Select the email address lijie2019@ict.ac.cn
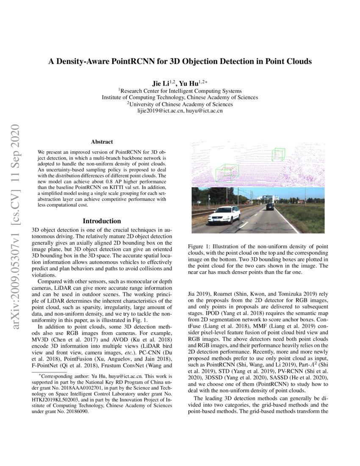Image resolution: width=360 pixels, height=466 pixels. [161, 111]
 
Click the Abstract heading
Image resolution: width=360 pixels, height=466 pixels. [102, 143]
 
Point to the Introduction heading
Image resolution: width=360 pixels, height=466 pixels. [102, 221]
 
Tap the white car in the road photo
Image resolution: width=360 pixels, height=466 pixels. [224, 214]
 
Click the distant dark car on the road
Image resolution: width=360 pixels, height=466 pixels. [270, 206]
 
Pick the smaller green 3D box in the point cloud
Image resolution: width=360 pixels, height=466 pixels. [278, 154]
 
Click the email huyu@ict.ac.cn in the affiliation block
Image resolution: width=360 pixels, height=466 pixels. [204, 111]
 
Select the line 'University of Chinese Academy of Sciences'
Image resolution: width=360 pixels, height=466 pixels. [181, 104]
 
